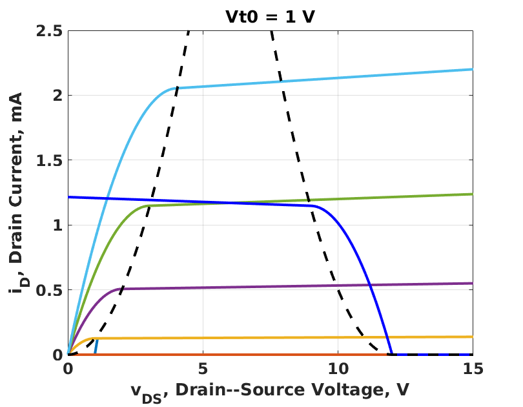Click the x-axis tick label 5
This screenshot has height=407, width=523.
(203, 370)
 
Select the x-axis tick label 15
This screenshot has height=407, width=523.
(473, 370)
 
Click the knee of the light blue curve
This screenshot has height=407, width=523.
(175, 89)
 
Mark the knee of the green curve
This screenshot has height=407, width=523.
(149, 206)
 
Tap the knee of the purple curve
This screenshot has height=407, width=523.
(122, 289)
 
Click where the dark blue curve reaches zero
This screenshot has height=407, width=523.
(391, 355)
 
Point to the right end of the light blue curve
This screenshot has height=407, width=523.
(473, 69)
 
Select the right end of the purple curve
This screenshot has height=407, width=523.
(473, 283)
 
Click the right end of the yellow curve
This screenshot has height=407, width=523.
(473, 337)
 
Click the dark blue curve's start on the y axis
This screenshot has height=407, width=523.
(68, 197)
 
